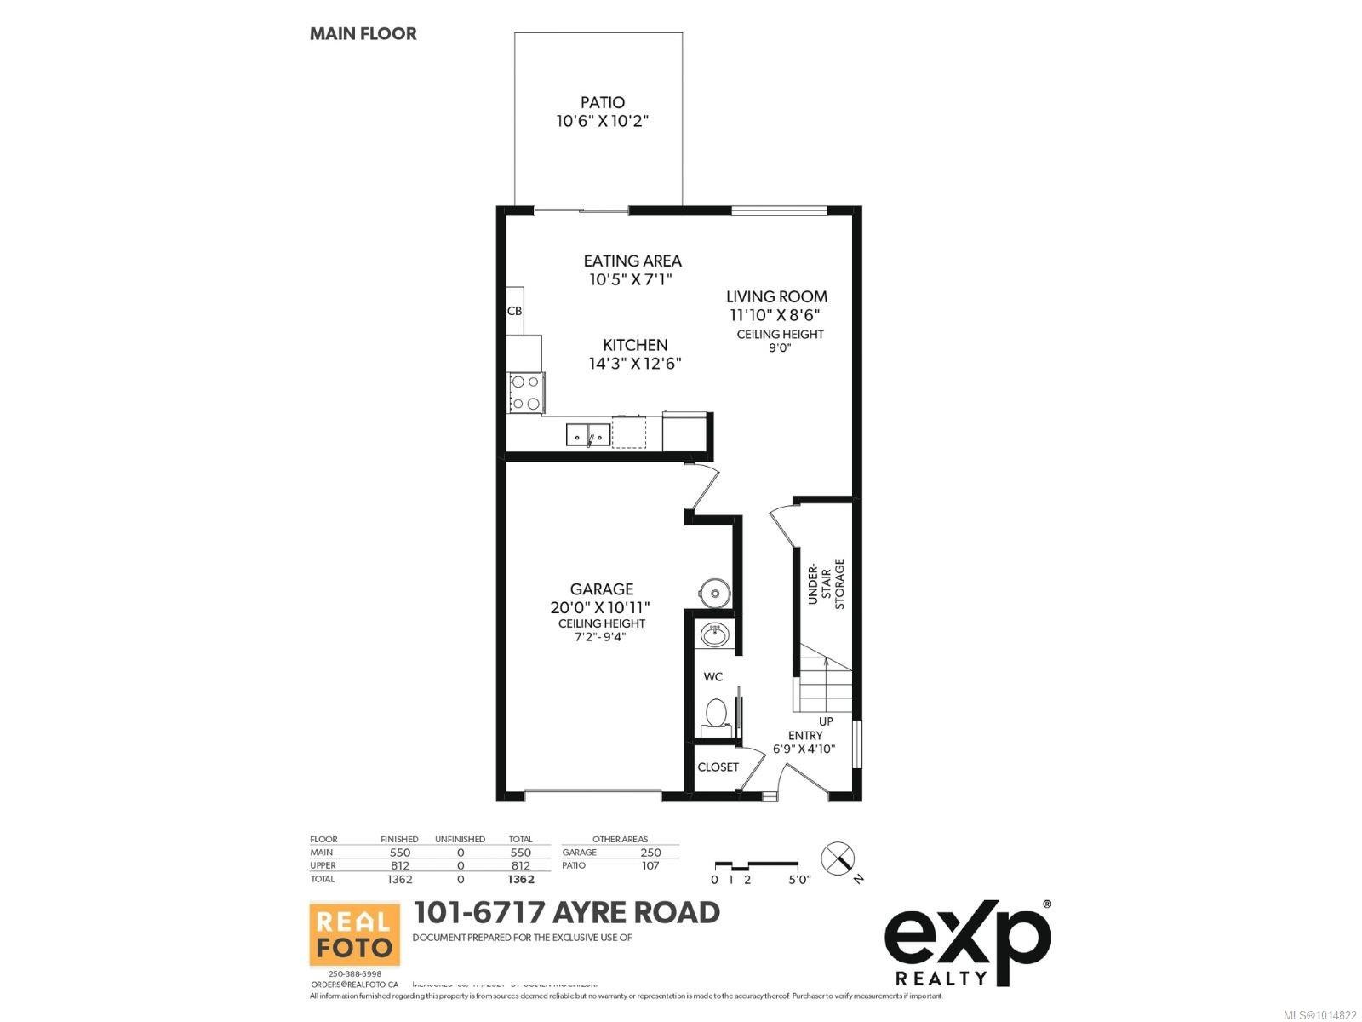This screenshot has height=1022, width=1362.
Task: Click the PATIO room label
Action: point(603,102)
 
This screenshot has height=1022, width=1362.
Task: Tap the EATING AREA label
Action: point(632,261)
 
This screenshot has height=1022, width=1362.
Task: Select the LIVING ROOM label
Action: point(776,296)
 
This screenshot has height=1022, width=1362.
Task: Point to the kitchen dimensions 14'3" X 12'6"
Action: point(635,364)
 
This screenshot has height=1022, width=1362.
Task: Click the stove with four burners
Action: point(525,393)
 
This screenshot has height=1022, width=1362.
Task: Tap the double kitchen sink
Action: point(588,434)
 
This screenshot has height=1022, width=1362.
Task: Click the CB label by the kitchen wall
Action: point(514,312)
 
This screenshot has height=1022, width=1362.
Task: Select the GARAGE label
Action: point(602,589)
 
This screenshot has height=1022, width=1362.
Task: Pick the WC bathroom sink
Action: point(713,634)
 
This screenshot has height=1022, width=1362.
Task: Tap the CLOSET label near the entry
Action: point(718,766)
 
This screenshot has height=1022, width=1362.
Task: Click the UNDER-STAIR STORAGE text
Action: point(826,584)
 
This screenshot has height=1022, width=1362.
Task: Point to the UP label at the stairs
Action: point(826,721)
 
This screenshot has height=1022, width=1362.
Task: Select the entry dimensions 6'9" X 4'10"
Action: point(804,749)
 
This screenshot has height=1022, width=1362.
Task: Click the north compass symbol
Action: point(838,858)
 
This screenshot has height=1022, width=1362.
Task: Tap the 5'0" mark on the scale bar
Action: point(799,880)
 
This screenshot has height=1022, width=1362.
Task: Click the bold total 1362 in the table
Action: point(521,879)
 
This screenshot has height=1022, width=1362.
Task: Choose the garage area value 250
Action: point(650,852)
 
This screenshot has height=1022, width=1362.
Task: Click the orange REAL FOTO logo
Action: point(354,933)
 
